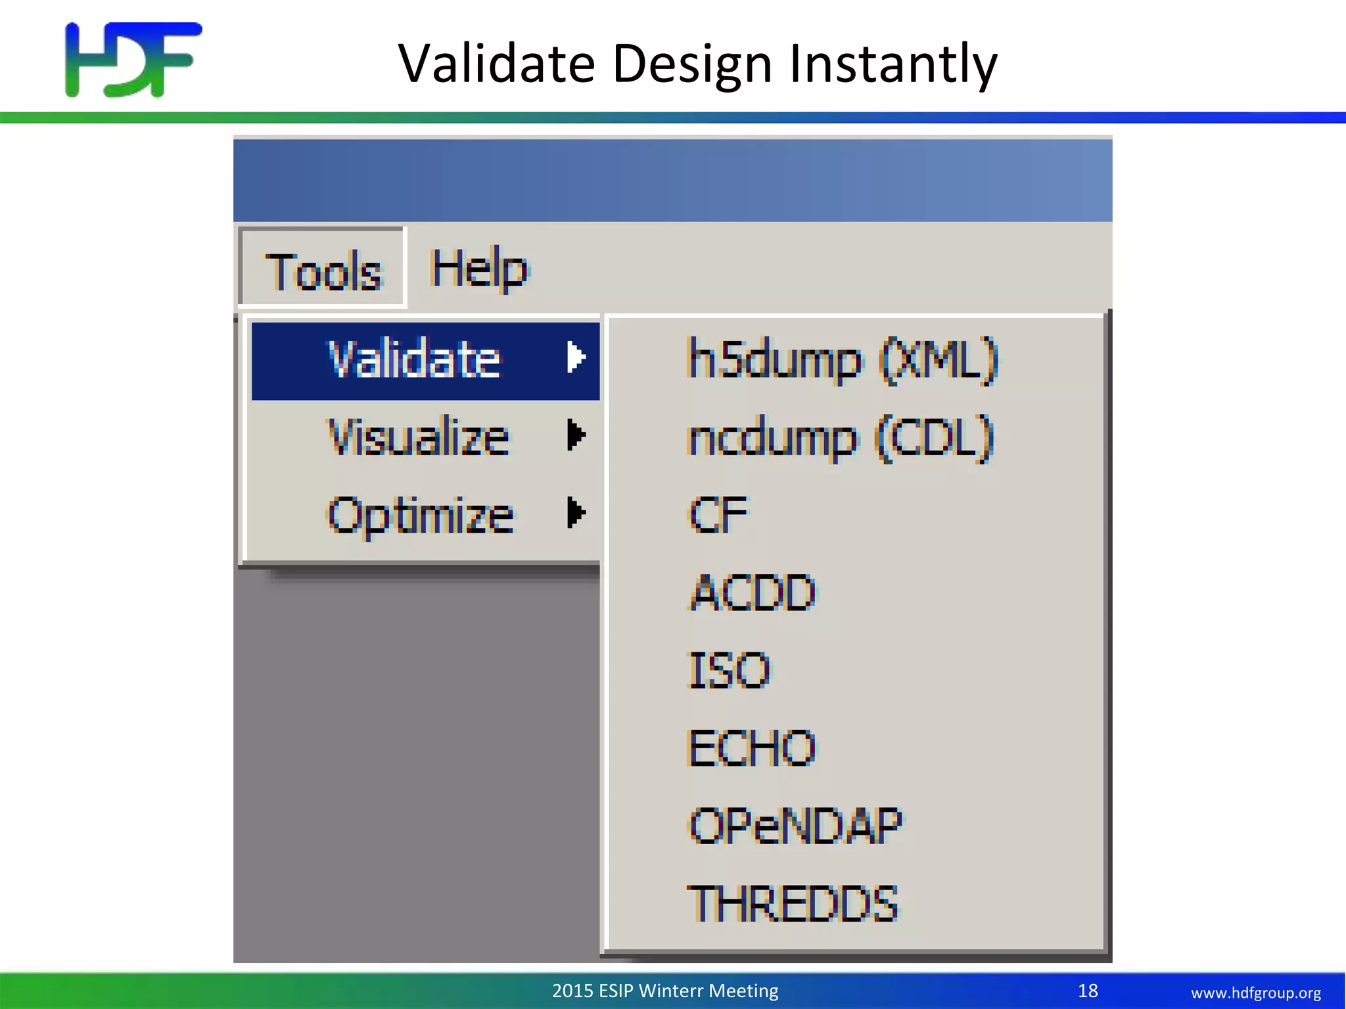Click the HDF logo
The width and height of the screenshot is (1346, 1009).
click(x=133, y=60)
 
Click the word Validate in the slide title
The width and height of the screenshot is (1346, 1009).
click(x=496, y=64)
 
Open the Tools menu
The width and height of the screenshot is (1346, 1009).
click(x=322, y=270)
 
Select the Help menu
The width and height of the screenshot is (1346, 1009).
click(x=479, y=269)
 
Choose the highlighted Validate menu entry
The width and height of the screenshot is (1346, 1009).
click(x=414, y=360)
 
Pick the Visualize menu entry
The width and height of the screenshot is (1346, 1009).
click(x=418, y=437)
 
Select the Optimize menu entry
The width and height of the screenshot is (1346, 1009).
click(x=421, y=514)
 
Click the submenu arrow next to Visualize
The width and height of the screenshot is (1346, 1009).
click(x=576, y=435)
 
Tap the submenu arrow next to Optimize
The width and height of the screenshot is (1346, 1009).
click(x=576, y=512)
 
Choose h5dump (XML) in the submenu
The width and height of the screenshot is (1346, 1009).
click(x=842, y=359)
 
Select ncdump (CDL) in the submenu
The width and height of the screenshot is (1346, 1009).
click(x=840, y=437)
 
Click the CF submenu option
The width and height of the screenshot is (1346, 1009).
click(x=718, y=514)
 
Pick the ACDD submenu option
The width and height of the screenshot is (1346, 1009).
click(x=753, y=592)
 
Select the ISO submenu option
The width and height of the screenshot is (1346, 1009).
click(x=728, y=670)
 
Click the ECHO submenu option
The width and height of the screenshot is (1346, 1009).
click(x=751, y=748)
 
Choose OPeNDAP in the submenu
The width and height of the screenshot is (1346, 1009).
click(x=795, y=826)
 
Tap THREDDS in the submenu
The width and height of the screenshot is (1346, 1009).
click(x=792, y=904)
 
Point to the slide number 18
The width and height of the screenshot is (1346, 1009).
click(x=1088, y=991)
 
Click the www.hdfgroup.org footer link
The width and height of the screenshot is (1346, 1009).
click(x=1255, y=993)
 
